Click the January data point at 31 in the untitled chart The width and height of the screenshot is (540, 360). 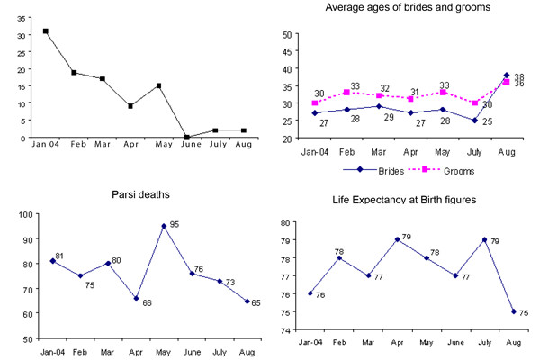coord(46,31)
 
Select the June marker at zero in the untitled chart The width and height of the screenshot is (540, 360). coord(187,137)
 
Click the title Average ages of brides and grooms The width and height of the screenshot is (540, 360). coord(408,7)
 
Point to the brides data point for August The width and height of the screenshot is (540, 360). coord(507,75)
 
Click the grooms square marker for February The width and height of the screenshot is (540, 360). coord(346,93)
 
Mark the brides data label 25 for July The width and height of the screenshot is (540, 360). coord(487,121)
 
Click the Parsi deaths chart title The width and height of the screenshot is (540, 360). coord(140,194)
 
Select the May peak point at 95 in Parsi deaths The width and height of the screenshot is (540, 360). coord(164,226)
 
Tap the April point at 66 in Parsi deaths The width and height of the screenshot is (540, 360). coord(137,298)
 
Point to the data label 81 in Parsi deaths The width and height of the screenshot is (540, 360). coord(59,256)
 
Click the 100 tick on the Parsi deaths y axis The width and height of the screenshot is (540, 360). coord(26,214)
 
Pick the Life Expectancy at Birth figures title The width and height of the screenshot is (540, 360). coord(404,200)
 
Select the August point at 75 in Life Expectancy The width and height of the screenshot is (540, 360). coord(514,311)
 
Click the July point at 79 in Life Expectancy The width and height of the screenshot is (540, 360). coord(484,239)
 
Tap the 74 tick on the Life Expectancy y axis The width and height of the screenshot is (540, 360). coord(286,330)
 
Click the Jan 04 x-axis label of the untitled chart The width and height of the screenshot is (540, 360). coord(46,144)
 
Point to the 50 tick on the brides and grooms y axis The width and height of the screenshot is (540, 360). coord(287,34)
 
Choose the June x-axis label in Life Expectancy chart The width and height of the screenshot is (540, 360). coord(455,342)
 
